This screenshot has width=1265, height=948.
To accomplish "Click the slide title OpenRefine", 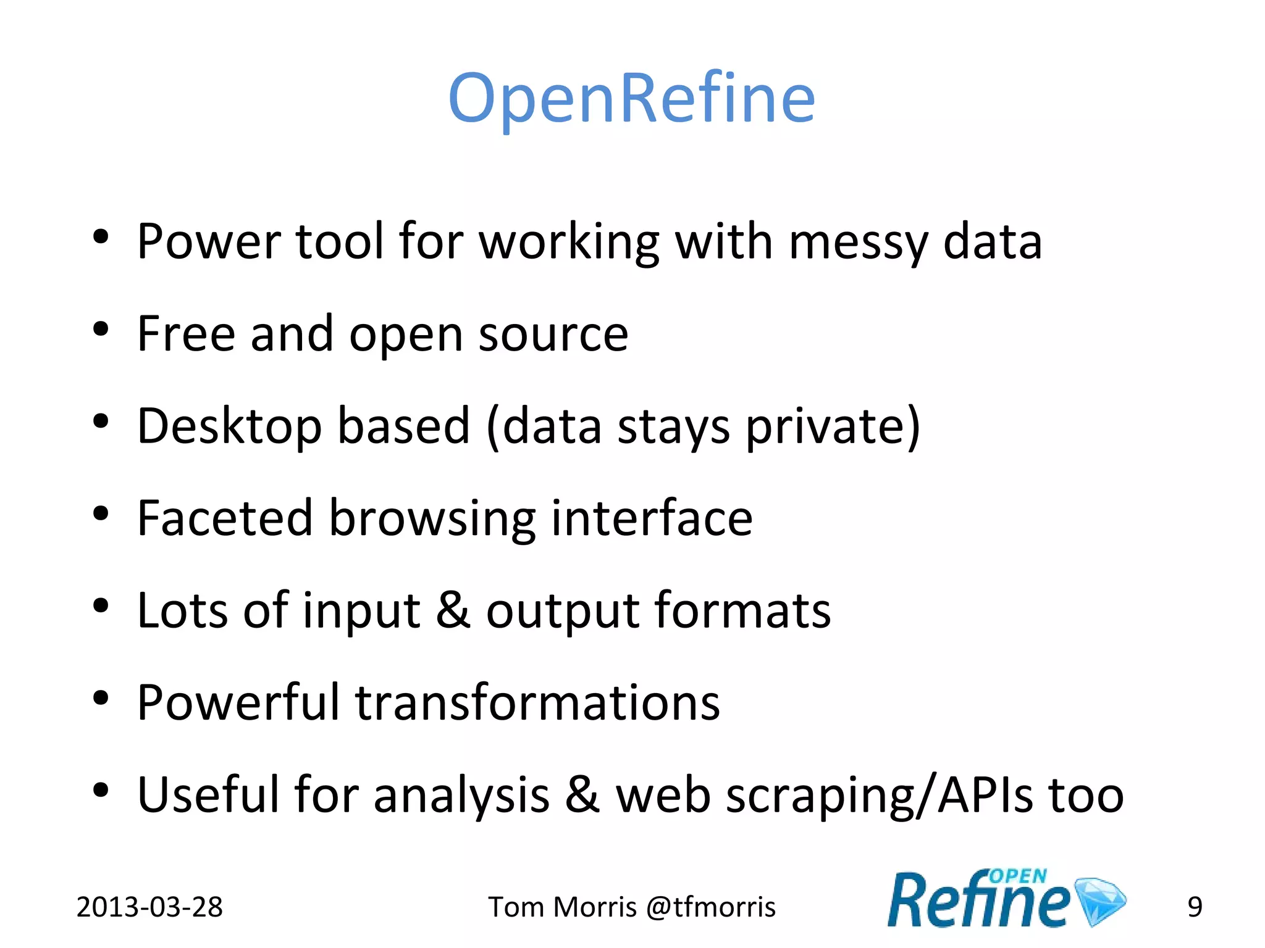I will click(x=631, y=99).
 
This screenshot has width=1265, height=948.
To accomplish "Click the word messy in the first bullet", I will click(x=859, y=242).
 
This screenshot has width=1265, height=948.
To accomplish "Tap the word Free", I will click(x=186, y=334).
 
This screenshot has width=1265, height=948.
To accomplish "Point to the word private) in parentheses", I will click(x=833, y=426).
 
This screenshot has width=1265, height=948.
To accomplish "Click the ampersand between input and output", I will click(x=453, y=610).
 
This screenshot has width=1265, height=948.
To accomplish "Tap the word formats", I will click(x=742, y=610).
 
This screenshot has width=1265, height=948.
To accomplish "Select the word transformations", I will click(x=537, y=703).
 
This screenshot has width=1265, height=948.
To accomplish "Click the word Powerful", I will click(x=238, y=703).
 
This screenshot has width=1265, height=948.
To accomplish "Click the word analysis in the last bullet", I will click(x=461, y=796).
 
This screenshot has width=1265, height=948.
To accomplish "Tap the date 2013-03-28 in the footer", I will click(x=149, y=907).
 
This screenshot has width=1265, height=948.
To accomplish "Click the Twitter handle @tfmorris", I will click(x=710, y=907).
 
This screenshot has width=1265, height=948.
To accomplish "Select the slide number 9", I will click(x=1195, y=907).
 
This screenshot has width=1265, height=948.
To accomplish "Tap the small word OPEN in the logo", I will click(x=1017, y=876).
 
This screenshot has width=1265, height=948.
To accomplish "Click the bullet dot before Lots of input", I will click(x=101, y=606).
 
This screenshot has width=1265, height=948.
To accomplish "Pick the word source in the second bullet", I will click(x=553, y=334).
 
